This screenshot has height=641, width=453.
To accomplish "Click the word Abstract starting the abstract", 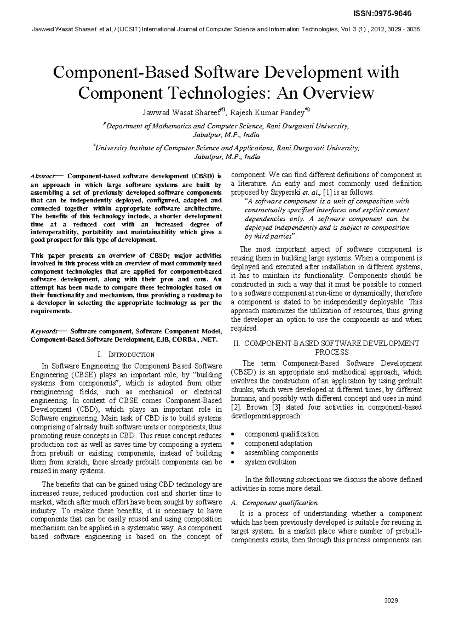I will [x=42, y=176].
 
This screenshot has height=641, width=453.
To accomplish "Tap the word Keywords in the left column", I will [x=44, y=331].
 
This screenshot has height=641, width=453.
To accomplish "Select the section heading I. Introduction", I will [x=126, y=355].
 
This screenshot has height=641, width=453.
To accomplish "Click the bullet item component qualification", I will [x=282, y=434].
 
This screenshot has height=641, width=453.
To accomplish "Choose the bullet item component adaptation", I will [x=278, y=443].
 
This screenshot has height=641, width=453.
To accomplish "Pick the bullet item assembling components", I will [x=281, y=453].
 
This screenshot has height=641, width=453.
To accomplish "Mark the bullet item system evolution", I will [x=270, y=462].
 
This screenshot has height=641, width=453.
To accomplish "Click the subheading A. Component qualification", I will [x=274, y=503].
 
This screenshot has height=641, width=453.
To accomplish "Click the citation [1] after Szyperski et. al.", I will [x=324, y=192].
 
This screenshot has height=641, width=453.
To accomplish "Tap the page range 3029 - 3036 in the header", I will [x=404, y=29].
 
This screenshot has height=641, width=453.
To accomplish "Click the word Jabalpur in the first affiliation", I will [x=204, y=135].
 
